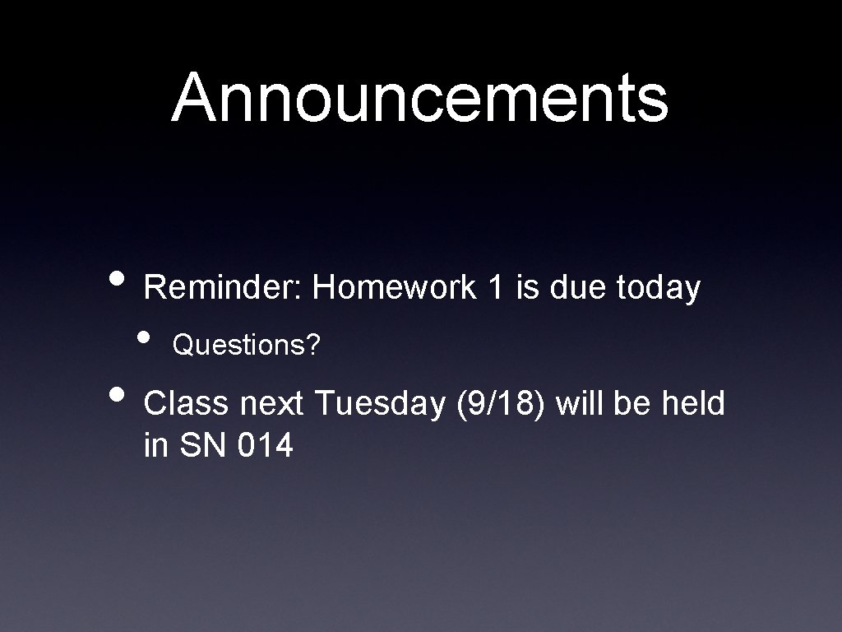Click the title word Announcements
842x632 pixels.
[420, 97]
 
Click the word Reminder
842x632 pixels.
[224, 288]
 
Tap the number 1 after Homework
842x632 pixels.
[493, 288]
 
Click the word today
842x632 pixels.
[658, 288]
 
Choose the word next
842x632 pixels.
[271, 405]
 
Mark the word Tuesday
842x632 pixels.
[379, 405]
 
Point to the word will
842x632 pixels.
[580, 404]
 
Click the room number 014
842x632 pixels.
[265, 447]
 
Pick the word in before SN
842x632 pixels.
[155, 447]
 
